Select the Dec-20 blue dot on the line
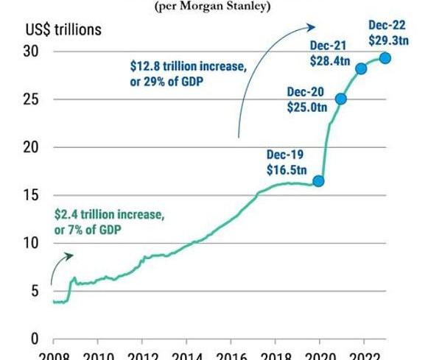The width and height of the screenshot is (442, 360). point(341,99)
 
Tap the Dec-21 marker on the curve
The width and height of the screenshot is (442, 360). point(362,69)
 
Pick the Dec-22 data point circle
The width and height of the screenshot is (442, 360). point(385,58)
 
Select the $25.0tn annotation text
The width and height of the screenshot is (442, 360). point(306,106)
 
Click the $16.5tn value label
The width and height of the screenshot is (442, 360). point(286,169)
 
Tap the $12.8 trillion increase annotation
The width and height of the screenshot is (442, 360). point(183,74)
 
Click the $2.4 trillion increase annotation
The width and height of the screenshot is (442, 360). point(108,222)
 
